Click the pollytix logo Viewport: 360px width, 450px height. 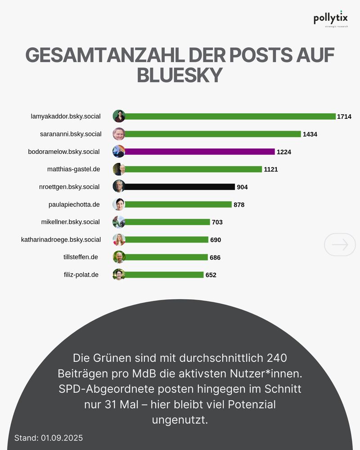pos(330,19)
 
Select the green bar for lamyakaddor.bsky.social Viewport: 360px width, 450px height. pos(230,116)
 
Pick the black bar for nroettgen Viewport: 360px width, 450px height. pos(180,187)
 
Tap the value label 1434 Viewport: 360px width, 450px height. pos(310,134)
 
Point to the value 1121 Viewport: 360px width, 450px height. pos(271,169)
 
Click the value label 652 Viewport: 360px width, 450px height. pos(211,275)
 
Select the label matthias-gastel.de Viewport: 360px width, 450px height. pos(73,169)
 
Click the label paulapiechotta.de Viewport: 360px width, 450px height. pos(74,204)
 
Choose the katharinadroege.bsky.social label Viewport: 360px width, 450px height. pos(61,239)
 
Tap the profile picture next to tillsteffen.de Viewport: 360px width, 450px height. pos(119,257)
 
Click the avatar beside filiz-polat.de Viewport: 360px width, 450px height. pos(119,274)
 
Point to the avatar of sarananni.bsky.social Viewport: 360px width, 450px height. pos(119,134)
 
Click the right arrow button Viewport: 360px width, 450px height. pos(340,244)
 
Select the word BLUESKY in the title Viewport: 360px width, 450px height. pos(180,75)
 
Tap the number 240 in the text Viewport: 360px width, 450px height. pos(276,358)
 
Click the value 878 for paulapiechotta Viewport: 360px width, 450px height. pos(239,205)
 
